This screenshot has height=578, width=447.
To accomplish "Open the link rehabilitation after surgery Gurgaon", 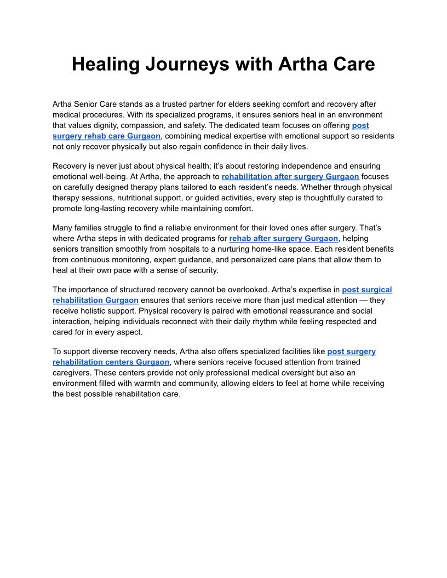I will pyautogui.click(x=290, y=177).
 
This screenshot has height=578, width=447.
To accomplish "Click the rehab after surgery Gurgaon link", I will pyautogui.click(x=283, y=239).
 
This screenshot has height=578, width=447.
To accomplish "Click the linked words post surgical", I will pyautogui.click(x=366, y=290).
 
